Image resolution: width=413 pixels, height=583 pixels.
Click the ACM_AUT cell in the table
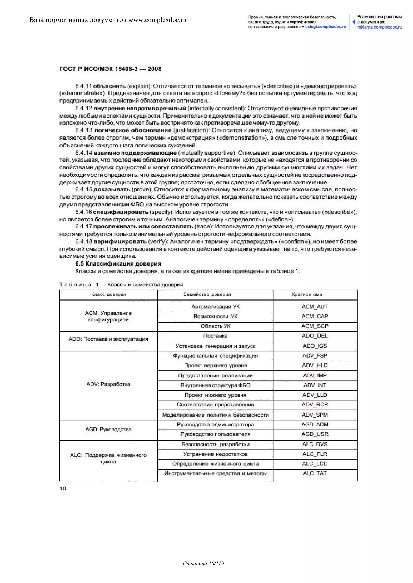coord(315,307)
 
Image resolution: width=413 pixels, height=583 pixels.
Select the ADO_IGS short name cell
coord(315,346)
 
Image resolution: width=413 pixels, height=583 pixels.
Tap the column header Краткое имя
coord(307,294)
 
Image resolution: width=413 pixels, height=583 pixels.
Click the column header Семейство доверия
coord(207,294)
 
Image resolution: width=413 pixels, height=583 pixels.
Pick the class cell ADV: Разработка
coord(108,384)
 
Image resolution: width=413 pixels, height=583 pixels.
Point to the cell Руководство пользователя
coord(215,434)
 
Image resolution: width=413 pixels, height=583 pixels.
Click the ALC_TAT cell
coord(315,473)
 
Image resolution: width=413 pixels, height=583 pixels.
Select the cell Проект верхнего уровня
coord(215,365)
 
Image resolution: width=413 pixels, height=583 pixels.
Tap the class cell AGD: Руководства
coord(108,429)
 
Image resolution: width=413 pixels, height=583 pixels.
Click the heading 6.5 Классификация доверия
coord(118,264)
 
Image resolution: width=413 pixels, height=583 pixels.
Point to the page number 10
coord(63,488)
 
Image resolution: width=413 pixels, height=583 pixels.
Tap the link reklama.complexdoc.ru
coord(380,27)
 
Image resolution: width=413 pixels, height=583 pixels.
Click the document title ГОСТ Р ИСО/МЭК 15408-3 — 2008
coord(110,69)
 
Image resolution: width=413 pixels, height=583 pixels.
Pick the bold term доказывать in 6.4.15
coord(112,190)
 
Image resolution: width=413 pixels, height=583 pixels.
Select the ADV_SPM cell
coord(315,415)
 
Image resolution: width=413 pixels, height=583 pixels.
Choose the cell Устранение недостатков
coord(215,454)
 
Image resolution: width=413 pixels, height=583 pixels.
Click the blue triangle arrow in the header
coord(353,22)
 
